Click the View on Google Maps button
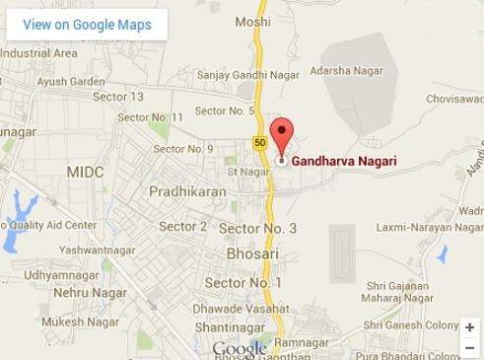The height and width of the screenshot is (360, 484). [88, 25]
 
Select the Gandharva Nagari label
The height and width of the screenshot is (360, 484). [337, 160]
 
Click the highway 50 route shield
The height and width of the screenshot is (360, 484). [259, 143]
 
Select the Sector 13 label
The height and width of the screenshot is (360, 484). [117, 97]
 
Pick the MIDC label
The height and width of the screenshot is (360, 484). [85, 172]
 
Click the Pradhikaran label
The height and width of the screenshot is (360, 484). [187, 192]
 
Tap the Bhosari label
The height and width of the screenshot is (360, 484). [252, 253]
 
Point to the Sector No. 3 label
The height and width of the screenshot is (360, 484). [258, 228]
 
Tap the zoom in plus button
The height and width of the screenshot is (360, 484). [469, 327]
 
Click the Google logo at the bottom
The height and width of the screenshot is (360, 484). [240, 349]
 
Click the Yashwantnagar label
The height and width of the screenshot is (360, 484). [97, 251]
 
